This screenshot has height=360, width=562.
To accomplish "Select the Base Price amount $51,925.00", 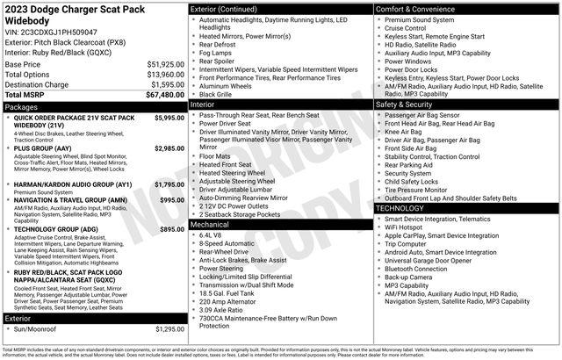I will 163,65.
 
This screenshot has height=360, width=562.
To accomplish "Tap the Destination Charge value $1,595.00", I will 166,84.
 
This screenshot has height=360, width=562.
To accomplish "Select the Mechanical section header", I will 211,225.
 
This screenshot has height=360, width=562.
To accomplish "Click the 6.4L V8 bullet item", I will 211,235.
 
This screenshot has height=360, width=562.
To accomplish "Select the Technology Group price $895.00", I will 171,228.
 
